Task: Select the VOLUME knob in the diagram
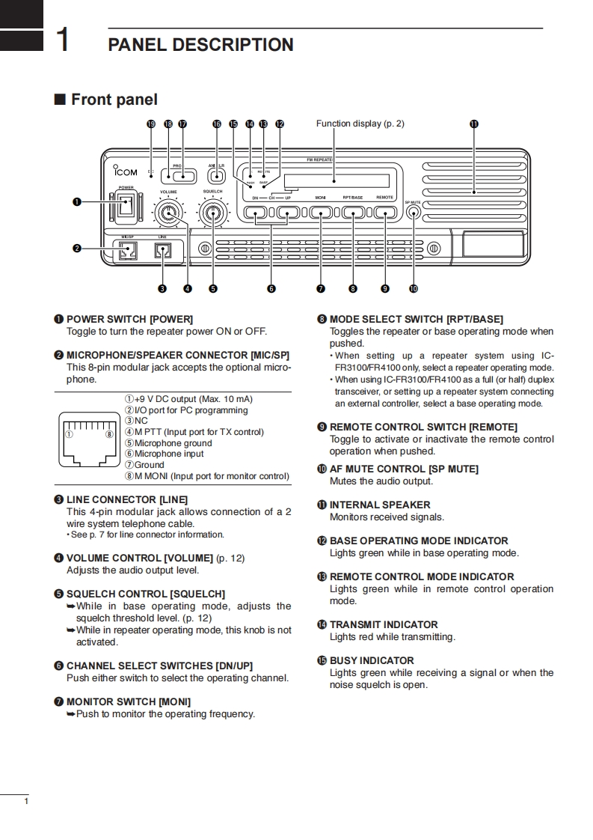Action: coord(168,215)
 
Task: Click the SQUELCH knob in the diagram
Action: coord(215,215)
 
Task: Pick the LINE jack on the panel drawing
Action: coord(163,251)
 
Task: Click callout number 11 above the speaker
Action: coord(473,124)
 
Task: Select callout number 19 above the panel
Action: coord(151,124)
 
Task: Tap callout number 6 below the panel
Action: coord(271,288)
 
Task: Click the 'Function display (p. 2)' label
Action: coord(360,124)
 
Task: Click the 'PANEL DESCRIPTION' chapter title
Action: coord(200,45)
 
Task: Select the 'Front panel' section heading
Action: coord(114,100)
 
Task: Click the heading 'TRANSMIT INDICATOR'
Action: coord(384,624)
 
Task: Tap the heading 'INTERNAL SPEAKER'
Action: coord(380,505)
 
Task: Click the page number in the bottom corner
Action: coord(26,803)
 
